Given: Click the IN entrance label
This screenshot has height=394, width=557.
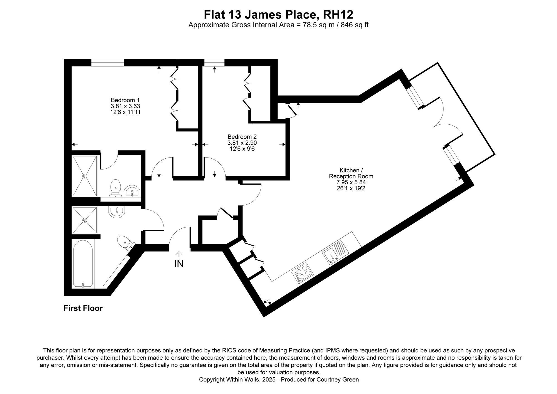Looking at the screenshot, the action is (179, 264).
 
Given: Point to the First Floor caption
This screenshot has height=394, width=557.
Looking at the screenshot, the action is (83, 308).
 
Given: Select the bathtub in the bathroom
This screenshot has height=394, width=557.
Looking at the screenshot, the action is (83, 263).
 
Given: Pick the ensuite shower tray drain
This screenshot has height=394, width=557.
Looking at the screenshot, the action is (85, 176).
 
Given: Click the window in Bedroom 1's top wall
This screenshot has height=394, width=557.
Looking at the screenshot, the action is (108, 63).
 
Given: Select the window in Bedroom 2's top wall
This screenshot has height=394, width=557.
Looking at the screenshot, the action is (214, 63).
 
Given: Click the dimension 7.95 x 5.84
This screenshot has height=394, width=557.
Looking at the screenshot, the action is (351, 182).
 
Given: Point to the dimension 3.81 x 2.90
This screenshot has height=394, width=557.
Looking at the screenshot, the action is (242, 143).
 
